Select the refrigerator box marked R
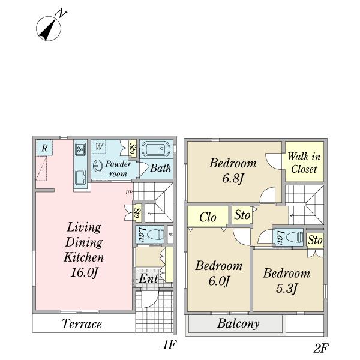click(x=44, y=148)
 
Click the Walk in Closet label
click(x=304, y=163)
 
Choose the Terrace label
click(x=82, y=325)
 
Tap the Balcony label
click(x=238, y=325)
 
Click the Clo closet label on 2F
click(x=208, y=218)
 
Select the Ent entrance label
click(x=149, y=278)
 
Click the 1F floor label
click(x=169, y=346)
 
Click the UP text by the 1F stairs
click(x=129, y=193)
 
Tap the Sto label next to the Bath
click(x=132, y=149)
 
